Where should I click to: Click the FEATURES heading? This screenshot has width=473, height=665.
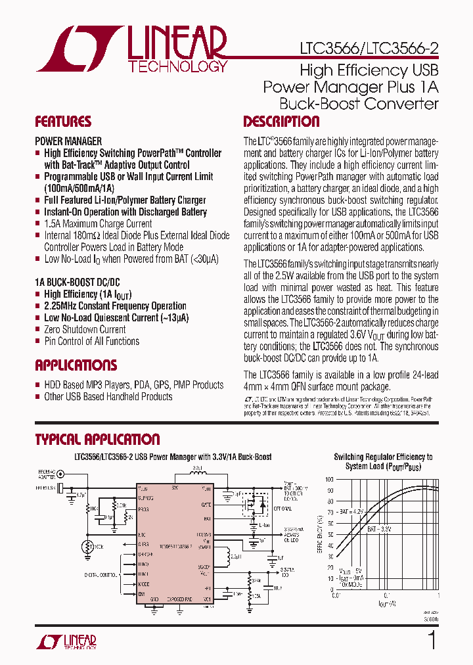tap(63, 122)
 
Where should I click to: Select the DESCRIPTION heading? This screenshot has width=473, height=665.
tap(281, 122)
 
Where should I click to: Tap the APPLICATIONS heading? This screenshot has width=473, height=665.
tap(76, 365)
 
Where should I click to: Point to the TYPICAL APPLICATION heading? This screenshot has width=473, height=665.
tap(97, 440)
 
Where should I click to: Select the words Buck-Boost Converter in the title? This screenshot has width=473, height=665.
tap(359, 103)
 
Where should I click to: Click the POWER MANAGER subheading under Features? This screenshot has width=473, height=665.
tap(68, 141)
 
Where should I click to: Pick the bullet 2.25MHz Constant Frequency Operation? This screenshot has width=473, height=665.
tap(115, 306)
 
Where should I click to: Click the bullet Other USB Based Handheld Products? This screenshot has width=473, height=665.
tap(108, 396)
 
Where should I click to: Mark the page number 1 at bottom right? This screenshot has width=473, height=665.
tap(432, 641)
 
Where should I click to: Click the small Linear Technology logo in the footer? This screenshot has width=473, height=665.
tap(74, 642)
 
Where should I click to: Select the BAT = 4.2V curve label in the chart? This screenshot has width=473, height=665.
tap(351, 511)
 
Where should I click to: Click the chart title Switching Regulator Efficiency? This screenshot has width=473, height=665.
tap(383, 457)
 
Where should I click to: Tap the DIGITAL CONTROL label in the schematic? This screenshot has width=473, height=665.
tap(99, 574)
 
